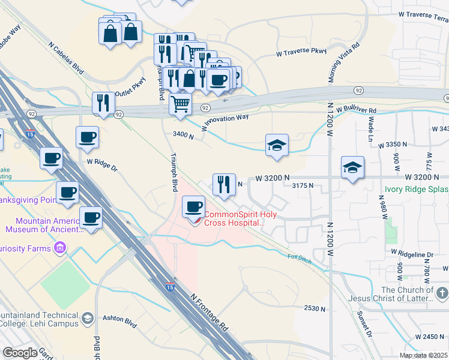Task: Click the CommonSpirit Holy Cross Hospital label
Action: pyautogui.click(x=235, y=218)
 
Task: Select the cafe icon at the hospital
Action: pyautogui.click(x=194, y=208)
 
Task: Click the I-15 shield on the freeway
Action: pyautogui.click(x=171, y=288)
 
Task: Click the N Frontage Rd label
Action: pyautogui.click(x=209, y=313)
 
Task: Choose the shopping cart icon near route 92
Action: pyautogui.click(x=180, y=104)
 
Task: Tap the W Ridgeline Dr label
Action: pyautogui.click(x=412, y=254)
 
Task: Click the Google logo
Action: pyautogui.click(x=20, y=353)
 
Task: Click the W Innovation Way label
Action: pyautogui.click(x=225, y=123)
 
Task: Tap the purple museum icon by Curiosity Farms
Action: pyautogui.click(x=59, y=248)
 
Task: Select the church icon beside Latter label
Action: pyautogui.click(x=442, y=293)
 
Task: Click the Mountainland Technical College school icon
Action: pyautogui.click(x=88, y=319)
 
